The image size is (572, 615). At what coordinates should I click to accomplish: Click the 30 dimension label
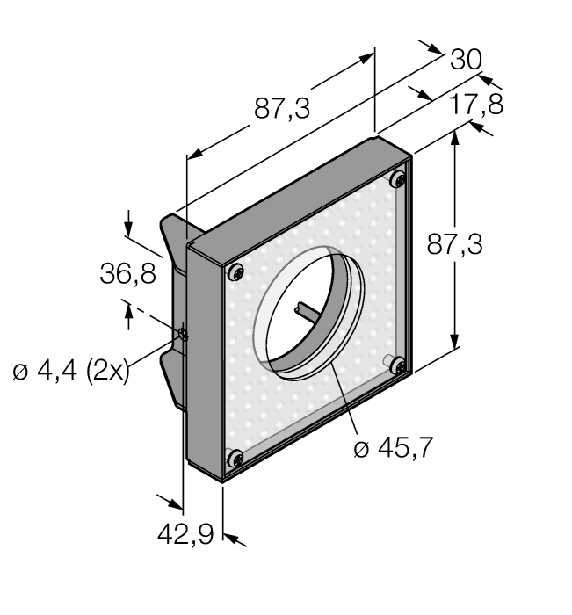pyautogui.click(x=467, y=60)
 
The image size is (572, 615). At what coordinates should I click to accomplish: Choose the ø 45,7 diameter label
pyautogui.click(x=393, y=449)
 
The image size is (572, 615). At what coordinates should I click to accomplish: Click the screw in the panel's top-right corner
pyautogui.click(x=398, y=180)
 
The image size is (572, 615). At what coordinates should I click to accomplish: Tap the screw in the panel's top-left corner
pyautogui.click(x=236, y=273)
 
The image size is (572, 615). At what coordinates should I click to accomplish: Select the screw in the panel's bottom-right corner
pyautogui.click(x=397, y=365)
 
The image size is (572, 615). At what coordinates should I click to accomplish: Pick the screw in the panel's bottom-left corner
pyautogui.click(x=235, y=458)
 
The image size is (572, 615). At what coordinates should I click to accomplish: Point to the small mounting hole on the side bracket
pyautogui.click(x=182, y=334)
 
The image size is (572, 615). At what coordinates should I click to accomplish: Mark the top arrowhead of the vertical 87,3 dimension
pyautogui.click(x=454, y=137)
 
